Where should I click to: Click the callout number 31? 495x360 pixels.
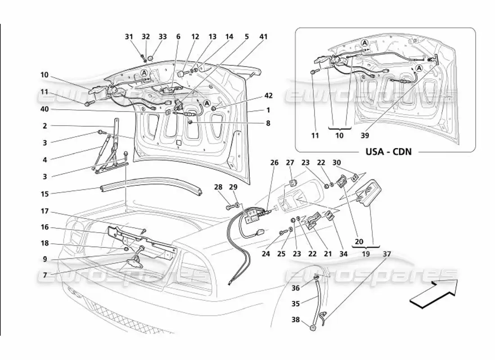click(x=129, y=37)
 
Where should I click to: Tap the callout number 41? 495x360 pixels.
click(x=263, y=37)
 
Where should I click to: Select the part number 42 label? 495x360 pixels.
click(x=268, y=95)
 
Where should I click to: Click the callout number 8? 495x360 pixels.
click(x=268, y=122)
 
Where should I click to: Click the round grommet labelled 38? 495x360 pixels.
click(x=312, y=327)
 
